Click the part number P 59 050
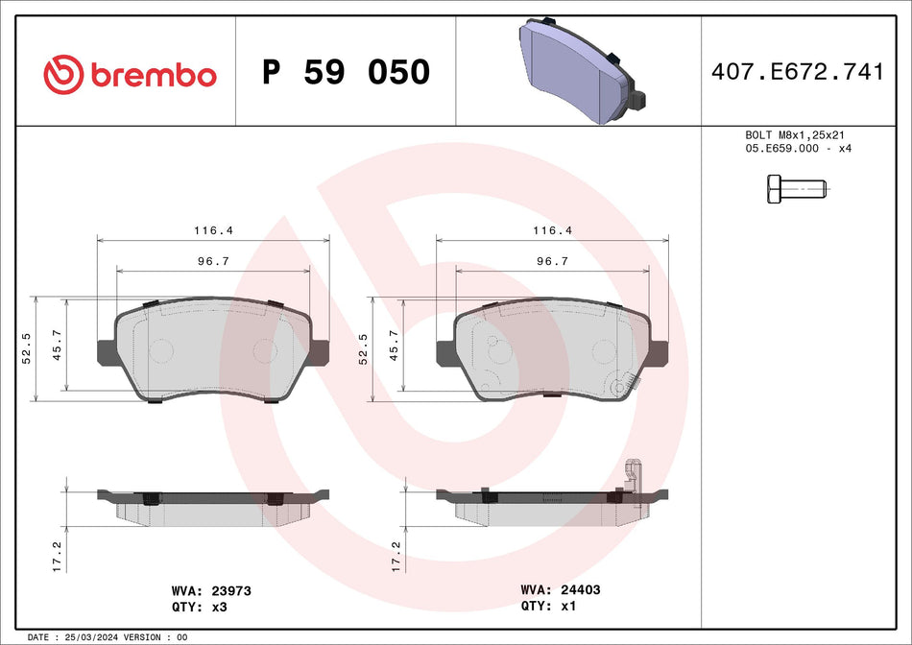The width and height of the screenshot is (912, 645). click(x=347, y=72)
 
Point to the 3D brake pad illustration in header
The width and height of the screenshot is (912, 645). click(x=579, y=69)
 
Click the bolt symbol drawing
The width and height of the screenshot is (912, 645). click(x=795, y=189)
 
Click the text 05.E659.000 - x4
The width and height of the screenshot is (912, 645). click(x=799, y=149)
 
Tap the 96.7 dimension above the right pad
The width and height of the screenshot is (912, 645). click(x=552, y=261)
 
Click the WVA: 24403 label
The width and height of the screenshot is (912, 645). click(x=560, y=590)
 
